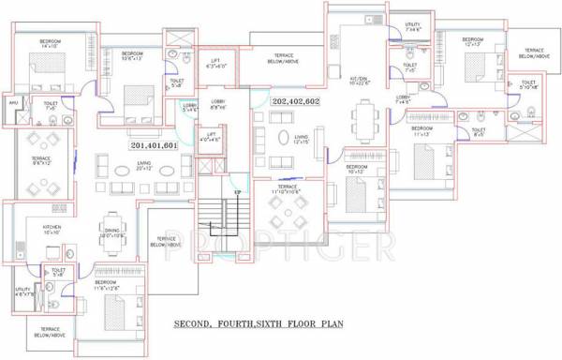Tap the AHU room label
click(x=13, y=103)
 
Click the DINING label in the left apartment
click(x=111, y=232)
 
